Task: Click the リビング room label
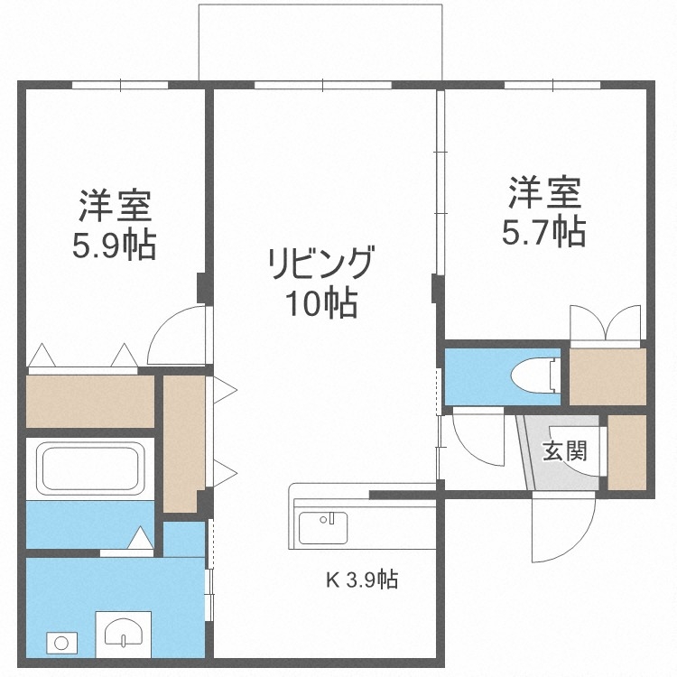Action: (320, 264)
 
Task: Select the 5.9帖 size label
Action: (114, 245)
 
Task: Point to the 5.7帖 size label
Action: (543, 232)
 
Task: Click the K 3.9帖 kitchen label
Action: (362, 580)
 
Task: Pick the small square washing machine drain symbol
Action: (60, 644)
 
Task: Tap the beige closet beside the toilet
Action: (607, 374)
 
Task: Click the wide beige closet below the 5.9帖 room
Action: (89, 400)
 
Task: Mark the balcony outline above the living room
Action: (320, 41)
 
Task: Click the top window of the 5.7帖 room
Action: (552, 86)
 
